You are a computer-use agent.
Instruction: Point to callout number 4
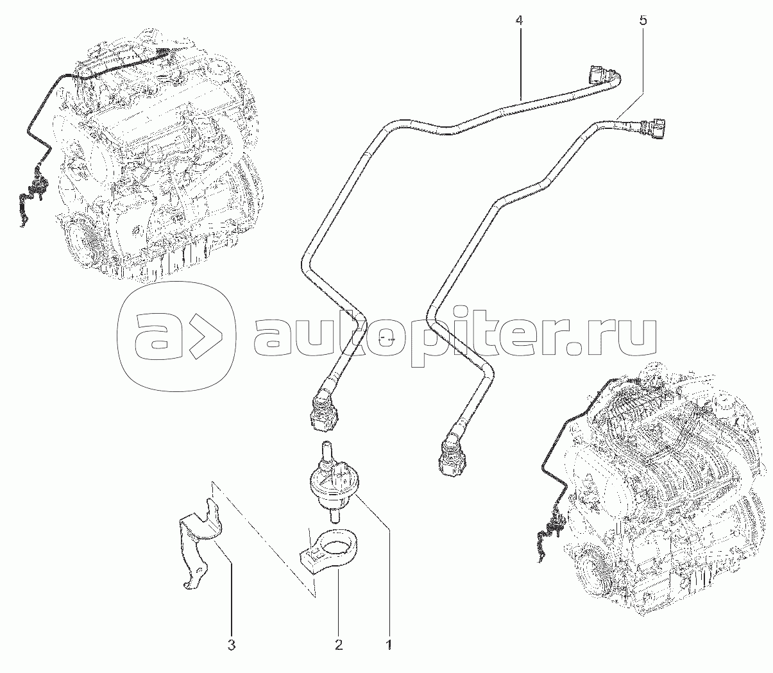click(519, 20)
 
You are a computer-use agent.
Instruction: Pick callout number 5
click(643, 20)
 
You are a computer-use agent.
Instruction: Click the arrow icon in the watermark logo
click(203, 335)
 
